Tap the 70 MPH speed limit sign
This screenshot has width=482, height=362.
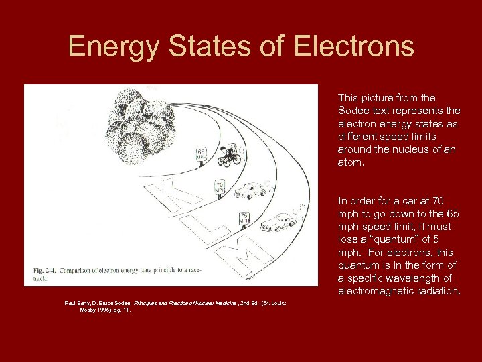pos(219,186)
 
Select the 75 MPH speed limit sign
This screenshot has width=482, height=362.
pos(244,217)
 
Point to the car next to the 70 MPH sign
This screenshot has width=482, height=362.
pos(250,190)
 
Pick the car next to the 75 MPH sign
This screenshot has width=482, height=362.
pos(278,222)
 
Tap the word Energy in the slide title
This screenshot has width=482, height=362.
pos(110,47)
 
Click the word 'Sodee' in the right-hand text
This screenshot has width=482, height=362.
pos(353,111)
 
